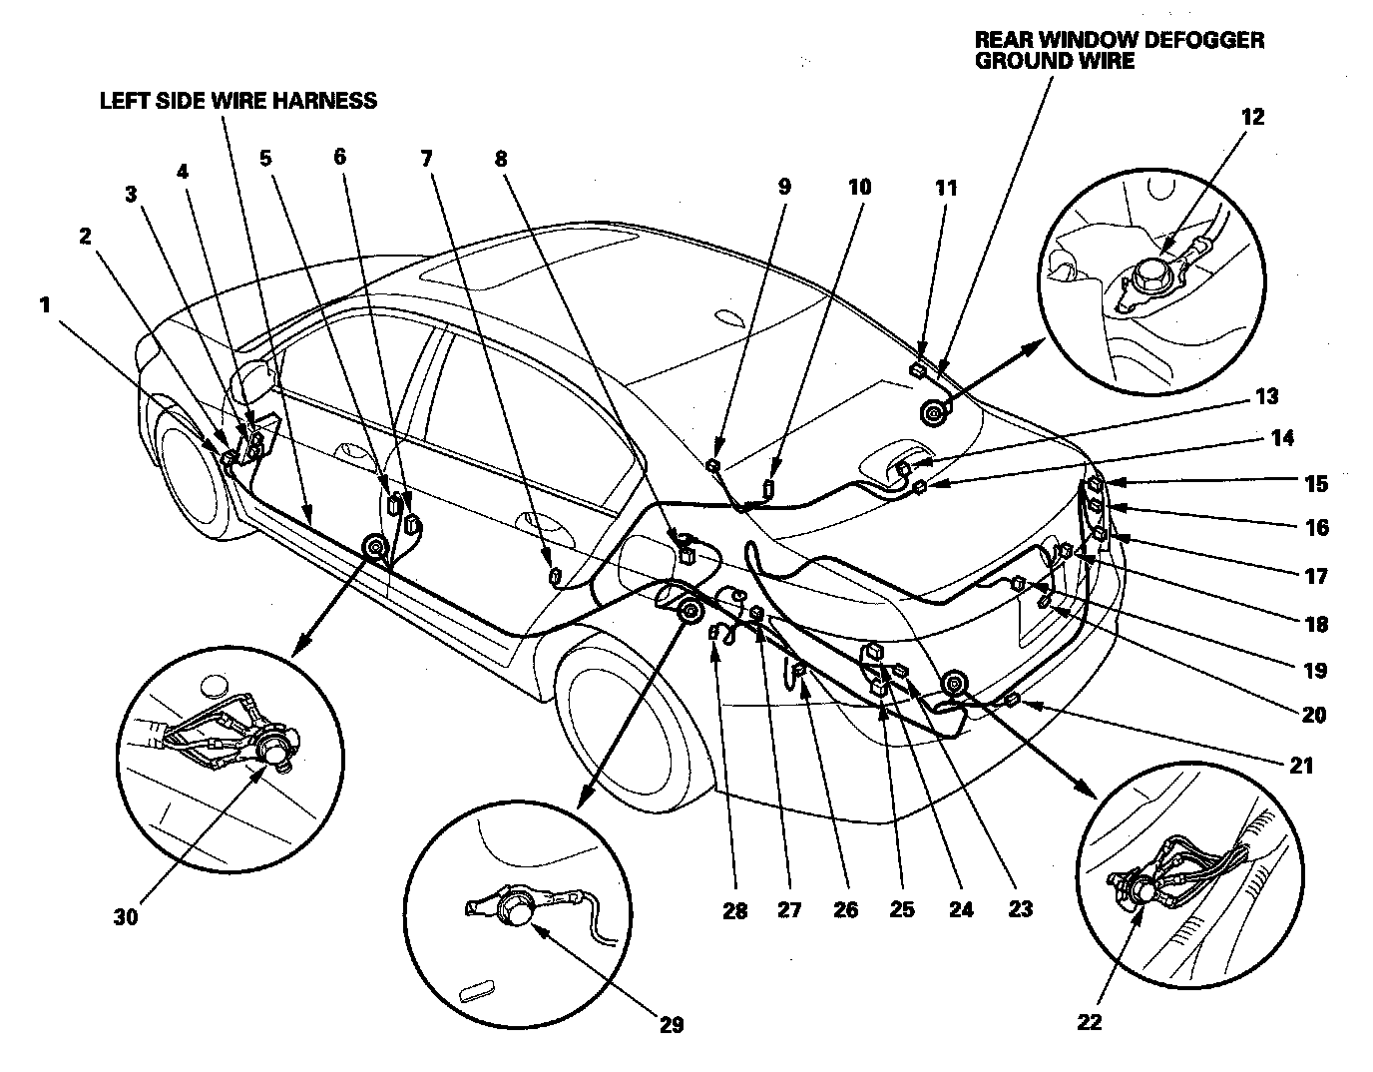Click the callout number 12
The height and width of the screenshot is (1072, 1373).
(1252, 117)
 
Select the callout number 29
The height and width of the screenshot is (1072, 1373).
(672, 1025)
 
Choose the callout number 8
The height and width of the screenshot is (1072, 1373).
(500, 159)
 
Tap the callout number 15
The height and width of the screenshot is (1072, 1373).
(1316, 485)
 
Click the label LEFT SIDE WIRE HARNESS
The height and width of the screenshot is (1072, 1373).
(237, 100)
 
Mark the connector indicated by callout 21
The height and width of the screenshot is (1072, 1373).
(1012, 701)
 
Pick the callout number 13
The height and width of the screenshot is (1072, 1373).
(1266, 397)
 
